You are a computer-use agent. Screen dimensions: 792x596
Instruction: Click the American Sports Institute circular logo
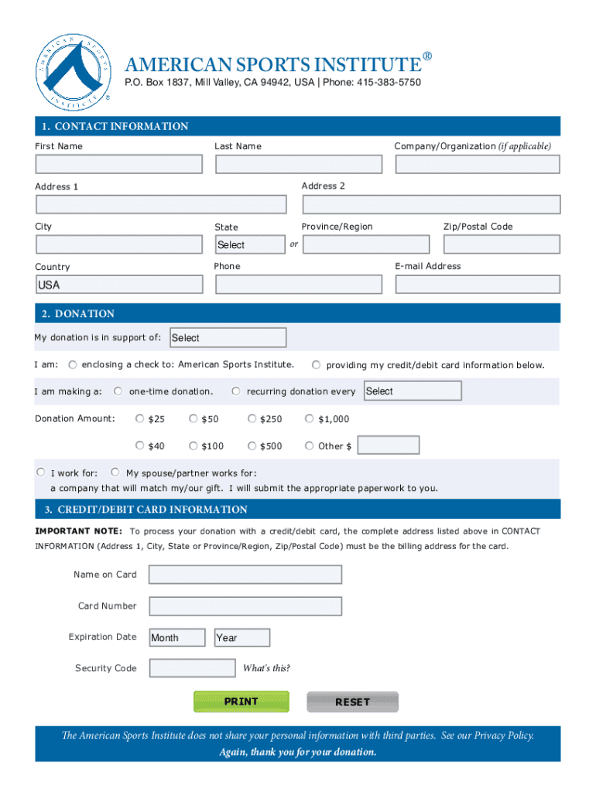(74, 73)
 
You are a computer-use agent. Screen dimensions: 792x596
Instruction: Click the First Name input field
(119, 164)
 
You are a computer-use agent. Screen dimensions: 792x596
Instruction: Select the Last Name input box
(299, 164)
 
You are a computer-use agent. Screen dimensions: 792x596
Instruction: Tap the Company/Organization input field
(478, 164)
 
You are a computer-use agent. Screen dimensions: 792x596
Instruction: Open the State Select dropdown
(250, 244)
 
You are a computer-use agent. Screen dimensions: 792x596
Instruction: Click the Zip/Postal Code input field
(502, 244)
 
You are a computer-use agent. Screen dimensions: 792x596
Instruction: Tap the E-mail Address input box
(478, 285)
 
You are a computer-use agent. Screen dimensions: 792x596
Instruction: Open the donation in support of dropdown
(228, 338)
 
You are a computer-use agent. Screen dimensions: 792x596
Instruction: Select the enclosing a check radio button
(73, 364)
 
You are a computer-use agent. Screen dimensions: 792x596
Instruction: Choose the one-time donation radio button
(118, 391)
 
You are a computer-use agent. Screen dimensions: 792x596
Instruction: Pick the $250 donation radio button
(252, 419)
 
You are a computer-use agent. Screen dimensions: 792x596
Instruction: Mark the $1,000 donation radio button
(310, 419)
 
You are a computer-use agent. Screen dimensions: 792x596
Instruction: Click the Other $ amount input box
(389, 445)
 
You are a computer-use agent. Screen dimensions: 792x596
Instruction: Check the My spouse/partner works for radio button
(115, 472)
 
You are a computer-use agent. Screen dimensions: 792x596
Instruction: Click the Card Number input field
(245, 606)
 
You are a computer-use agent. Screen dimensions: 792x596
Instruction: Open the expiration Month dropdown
(177, 637)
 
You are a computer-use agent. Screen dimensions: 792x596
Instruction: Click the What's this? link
(266, 668)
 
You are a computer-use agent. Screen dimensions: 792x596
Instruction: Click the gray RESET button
(352, 702)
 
